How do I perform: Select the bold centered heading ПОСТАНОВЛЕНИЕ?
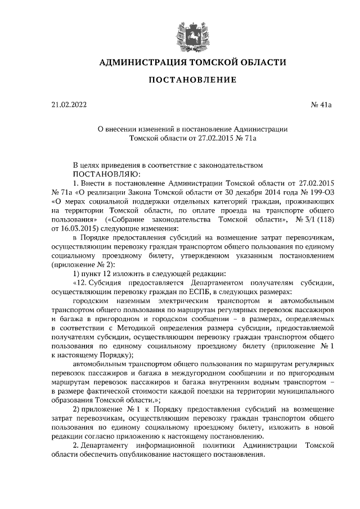(192, 80)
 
